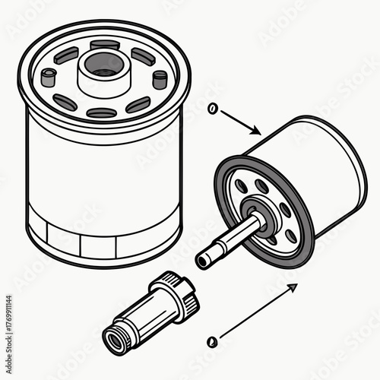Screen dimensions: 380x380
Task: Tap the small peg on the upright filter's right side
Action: pyautogui.click(x=160, y=78)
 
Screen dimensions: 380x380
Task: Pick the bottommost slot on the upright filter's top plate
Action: pyautogui.click(x=101, y=113)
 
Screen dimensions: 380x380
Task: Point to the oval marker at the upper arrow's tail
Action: pyautogui.click(x=214, y=109)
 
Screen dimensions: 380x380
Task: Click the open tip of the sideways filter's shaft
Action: pyautogui.click(x=201, y=260)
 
